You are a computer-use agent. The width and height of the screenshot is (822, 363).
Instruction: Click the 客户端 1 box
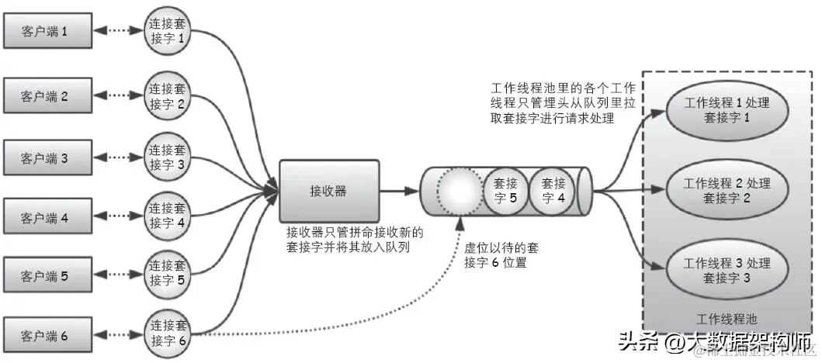point(48,33)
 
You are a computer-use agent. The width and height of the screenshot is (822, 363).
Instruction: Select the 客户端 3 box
point(48,158)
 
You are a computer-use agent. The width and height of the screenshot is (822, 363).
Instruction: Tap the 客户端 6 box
point(48,335)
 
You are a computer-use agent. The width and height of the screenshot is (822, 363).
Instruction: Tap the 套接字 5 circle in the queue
point(505,192)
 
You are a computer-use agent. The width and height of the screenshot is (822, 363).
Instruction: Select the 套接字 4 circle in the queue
point(552,191)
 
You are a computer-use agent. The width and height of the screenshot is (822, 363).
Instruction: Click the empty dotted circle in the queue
point(461,192)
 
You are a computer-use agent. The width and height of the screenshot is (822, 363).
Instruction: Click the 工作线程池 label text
point(727,318)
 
